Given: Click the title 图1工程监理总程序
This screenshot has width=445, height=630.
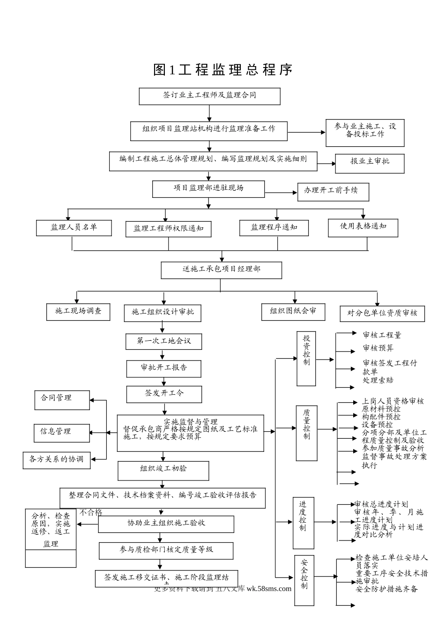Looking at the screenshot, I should pyautogui.click(x=223, y=70).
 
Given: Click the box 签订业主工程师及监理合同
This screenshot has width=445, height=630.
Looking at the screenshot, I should pyautogui.click(x=209, y=96).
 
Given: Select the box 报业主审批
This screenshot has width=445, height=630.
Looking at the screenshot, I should pyautogui.click(x=369, y=162).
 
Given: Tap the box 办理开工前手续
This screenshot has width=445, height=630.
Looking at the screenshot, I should pyautogui.click(x=333, y=191).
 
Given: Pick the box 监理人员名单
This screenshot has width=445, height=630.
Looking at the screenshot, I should pyautogui.click(x=74, y=228).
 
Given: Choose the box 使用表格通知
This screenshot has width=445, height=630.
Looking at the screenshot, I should pyautogui.click(x=363, y=227).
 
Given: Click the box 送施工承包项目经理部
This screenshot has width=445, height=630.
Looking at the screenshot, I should pyautogui.click(x=221, y=270).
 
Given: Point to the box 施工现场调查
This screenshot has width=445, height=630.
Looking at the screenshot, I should pyautogui.click(x=78, y=311).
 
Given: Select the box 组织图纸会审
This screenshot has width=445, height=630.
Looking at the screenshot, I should pyautogui.click(x=293, y=312).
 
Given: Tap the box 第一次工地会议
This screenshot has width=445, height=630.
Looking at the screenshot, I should pyautogui.click(x=163, y=341).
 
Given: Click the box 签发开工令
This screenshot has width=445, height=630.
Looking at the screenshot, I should pyautogui.click(x=164, y=394).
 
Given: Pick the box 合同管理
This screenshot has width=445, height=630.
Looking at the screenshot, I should pyautogui.click(x=62, y=399).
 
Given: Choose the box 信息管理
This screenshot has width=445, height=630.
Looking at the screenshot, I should pyautogui.click(x=61, y=432).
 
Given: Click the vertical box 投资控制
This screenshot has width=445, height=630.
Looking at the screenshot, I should pyautogui.click(x=306, y=359).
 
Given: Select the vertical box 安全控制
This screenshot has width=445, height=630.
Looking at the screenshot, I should pyautogui.click(x=304, y=579).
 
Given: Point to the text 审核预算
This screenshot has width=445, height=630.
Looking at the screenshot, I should pyautogui.click(x=378, y=348).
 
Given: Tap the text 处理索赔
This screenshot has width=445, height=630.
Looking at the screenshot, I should pyautogui.click(x=378, y=380).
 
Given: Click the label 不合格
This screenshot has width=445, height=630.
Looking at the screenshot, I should pyautogui.click(x=90, y=512).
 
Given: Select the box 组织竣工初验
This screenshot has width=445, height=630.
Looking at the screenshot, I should pyautogui.click(x=163, y=470).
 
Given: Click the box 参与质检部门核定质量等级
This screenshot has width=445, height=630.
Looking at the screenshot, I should pyautogui.click(x=166, y=550).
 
